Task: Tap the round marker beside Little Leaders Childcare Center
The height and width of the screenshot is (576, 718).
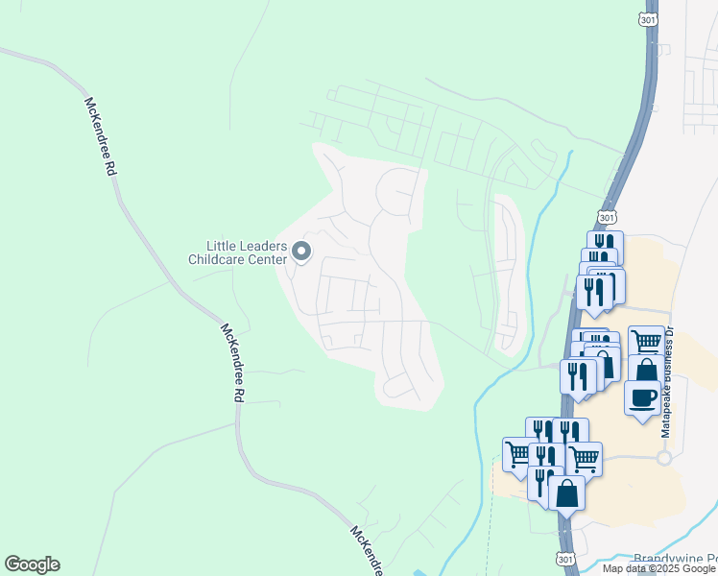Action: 301,252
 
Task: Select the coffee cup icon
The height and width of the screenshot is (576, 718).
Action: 642,396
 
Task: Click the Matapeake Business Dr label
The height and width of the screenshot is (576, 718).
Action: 669,381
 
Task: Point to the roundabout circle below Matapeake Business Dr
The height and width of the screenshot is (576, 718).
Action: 663,458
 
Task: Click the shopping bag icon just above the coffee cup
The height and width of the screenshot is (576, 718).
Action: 646,372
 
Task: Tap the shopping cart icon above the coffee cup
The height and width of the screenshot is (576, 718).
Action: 646,341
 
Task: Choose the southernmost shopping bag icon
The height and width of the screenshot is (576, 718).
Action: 566,492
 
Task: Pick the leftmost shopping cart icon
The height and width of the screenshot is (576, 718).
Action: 519,453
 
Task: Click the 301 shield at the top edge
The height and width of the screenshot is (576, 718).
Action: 648,18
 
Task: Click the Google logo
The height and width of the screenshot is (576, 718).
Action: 32,564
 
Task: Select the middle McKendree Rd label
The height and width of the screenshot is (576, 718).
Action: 232,363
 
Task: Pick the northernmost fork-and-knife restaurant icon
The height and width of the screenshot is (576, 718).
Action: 605,245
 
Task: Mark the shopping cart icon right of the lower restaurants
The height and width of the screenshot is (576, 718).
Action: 584,457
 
